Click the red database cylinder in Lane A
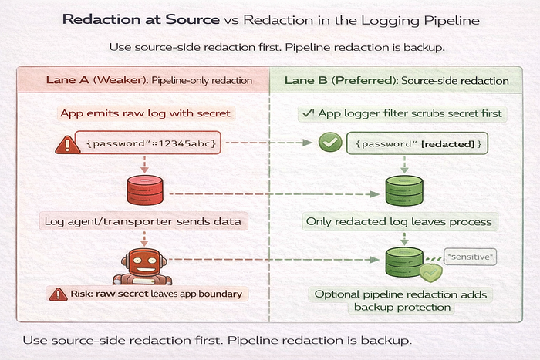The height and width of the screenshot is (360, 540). [x=145, y=190]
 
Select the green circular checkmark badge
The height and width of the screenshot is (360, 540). [x=330, y=142]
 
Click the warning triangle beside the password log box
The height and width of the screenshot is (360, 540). [x=68, y=144]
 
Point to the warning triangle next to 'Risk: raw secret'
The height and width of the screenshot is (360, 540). [x=58, y=294]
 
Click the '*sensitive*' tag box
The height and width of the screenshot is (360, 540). [x=470, y=257]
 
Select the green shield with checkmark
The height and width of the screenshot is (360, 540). [x=430, y=273]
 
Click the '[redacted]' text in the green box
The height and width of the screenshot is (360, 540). [x=447, y=144]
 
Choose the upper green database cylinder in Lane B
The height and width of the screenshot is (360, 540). [x=404, y=190]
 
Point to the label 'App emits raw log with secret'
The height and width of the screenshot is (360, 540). [x=145, y=113]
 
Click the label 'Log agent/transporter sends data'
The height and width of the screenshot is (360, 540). [x=143, y=221]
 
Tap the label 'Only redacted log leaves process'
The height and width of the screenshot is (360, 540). [x=399, y=222]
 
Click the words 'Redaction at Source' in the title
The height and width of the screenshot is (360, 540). [x=141, y=19]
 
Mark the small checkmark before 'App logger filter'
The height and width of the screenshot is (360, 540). [x=309, y=113]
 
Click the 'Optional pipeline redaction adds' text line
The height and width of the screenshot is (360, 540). [x=400, y=294]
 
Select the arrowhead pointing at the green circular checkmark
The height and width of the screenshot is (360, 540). [x=308, y=142]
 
